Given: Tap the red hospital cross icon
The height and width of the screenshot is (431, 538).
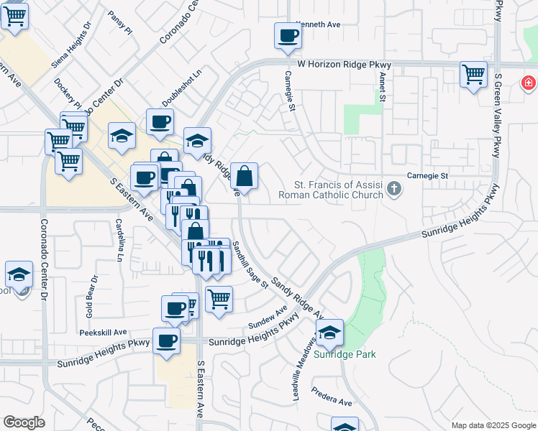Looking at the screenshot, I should (529, 83).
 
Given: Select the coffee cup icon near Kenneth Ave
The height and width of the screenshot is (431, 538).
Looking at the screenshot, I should (288, 36).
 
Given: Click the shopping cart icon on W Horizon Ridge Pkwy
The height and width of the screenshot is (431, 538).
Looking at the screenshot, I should (473, 74).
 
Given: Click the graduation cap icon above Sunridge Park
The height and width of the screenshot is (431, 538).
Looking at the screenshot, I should (329, 333).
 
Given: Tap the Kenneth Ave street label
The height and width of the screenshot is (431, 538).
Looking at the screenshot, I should (317, 24).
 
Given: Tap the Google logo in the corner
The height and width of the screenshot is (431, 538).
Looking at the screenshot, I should (24, 422).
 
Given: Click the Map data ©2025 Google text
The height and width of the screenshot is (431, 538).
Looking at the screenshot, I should (493, 425).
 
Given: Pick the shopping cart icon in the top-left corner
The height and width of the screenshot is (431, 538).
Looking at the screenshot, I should (14, 16).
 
